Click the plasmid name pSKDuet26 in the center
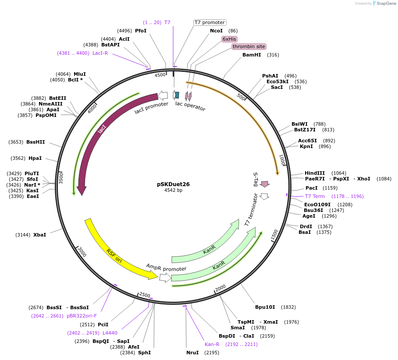(x=173, y=184)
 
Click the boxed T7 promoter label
(x=210, y=22)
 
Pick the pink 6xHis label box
(x=229, y=39)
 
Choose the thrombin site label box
(x=249, y=46)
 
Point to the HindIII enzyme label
(x=315, y=173)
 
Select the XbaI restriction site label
(x=39, y=235)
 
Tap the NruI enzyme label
(x=192, y=353)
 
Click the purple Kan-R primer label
(x=212, y=344)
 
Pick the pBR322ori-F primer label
(x=82, y=316)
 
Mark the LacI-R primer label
(x=100, y=53)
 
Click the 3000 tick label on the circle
(x=82, y=251)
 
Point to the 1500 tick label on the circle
(x=274, y=235)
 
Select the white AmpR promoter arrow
(x=165, y=277)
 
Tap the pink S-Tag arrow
(x=265, y=184)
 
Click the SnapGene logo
(x=384, y=3)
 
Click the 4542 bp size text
(x=173, y=191)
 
